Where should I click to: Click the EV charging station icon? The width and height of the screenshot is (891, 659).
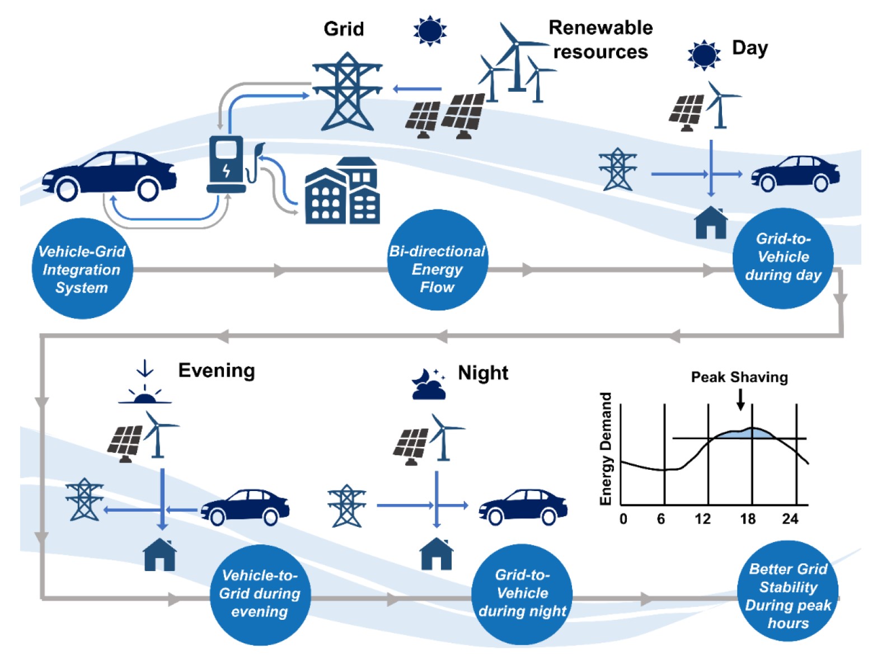tap(227, 165)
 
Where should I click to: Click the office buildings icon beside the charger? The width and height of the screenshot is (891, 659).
tap(343, 191)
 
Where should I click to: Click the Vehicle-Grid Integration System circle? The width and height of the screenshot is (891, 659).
tap(82, 269)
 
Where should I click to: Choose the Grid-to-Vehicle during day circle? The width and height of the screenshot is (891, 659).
tap(782, 258)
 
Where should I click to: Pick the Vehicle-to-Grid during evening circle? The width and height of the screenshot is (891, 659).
tap(260, 594)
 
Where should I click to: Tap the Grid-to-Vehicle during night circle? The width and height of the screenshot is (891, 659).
tap(522, 593)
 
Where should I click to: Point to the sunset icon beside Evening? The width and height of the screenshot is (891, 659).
tap(145, 386)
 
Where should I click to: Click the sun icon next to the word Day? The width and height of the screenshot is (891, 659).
tap(704, 55)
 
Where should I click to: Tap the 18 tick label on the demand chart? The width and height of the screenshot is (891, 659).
tap(748, 520)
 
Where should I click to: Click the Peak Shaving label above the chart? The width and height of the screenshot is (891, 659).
tap(739, 377)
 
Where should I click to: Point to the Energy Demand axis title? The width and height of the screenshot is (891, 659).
tap(606, 448)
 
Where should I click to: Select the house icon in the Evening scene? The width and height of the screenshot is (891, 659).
tap(160, 555)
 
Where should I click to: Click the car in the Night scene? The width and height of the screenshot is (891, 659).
tap(523, 507)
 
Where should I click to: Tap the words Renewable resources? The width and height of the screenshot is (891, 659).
tap(600, 39)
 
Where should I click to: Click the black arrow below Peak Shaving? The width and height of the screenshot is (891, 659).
tap(740, 399)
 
